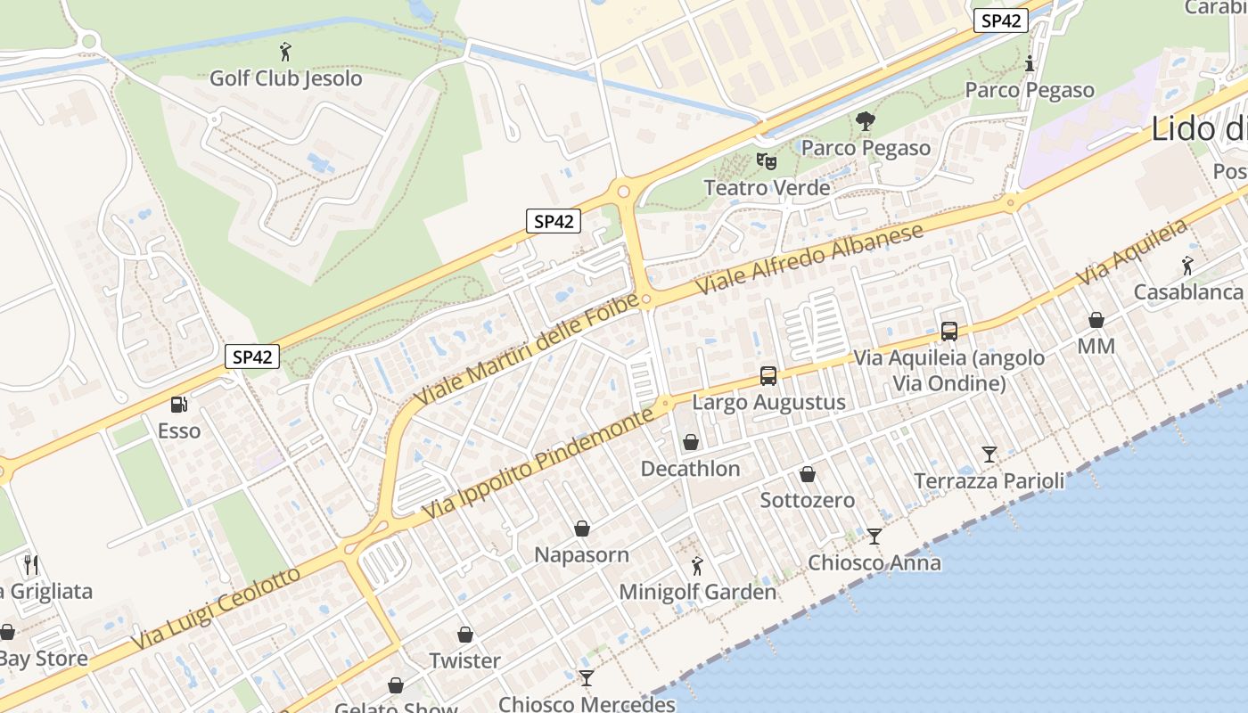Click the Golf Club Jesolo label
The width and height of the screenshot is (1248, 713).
pyautogui.click(x=285, y=78)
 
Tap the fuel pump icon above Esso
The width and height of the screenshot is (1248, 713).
pyautogui.click(x=179, y=405)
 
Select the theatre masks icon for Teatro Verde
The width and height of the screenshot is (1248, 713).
pyautogui.click(x=767, y=161)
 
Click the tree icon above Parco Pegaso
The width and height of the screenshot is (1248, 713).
pyautogui.click(x=865, y=121)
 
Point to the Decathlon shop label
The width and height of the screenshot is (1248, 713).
pyautogui.click(x=690, y=469)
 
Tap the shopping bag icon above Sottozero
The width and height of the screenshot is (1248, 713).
pyautogui.click(x=808, y=474)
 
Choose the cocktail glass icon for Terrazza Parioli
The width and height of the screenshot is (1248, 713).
pyautogui.click(x=989, y=455)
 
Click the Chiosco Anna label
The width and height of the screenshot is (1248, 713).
pyautogui.click(x=874, y=563)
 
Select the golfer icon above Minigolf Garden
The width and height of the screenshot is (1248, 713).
pyautogui.click(x=697, y=565)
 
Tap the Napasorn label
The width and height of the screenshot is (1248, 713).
pyautogui.click(x=581, y=555)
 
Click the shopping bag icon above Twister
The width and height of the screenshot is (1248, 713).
pyautogui.click(x=465, y=635)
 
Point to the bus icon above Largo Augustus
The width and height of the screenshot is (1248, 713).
pyautogui.click(x=768, y=376)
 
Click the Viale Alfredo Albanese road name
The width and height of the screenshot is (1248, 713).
pyautogui.click(x=809, y=259)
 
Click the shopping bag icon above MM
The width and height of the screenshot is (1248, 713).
pyautogui.click(x=1096, y=320)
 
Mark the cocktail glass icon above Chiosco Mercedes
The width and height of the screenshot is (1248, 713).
pyautogui.click(x=586, y=678)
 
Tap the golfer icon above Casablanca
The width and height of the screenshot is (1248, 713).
pyautogui.click(x=1187, y=266)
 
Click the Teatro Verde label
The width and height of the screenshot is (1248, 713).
pyautogui.click(x=767, y=188)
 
